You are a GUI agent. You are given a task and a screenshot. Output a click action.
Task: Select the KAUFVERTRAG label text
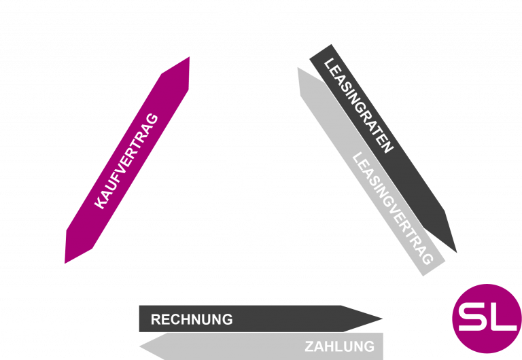(126, 161)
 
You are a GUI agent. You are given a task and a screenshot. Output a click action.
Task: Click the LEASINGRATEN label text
(359, 106)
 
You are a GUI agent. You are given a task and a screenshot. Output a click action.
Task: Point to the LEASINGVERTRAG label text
(393, 209)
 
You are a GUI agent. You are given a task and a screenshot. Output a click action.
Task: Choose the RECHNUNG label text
(192, 319)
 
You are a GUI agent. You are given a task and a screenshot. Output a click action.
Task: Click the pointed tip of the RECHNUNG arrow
(382, 318)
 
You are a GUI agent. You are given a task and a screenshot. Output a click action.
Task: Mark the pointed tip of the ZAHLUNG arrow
(141, 346)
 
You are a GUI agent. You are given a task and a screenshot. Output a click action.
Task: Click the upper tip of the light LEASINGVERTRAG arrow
(298, 69)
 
